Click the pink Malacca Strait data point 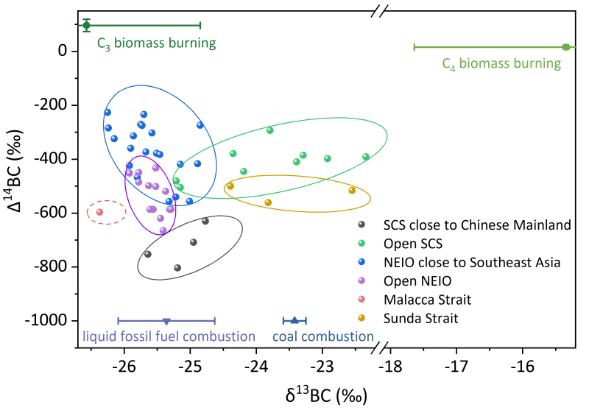click(99, 212)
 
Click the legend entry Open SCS click(409, 243)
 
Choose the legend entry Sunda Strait click(420, 319)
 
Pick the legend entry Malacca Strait click(427, 300)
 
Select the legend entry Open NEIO click(413, 280)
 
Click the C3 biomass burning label click(156, 43)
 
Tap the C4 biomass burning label click(501, 64)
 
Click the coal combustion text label click(323, 336)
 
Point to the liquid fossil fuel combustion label click(169, 336)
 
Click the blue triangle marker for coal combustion click(294, 320)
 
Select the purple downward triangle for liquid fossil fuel click(166, 321)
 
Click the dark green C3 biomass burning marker click(86, 25)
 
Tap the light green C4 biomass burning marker click(565, 47)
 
